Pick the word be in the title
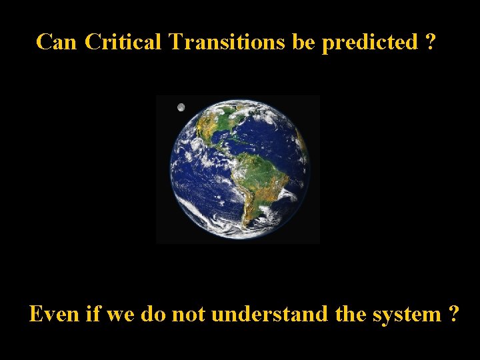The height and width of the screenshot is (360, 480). click(x=307, y=42)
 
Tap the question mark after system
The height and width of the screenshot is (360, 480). click(x=453, y=313)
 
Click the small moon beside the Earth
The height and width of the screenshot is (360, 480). click(x=181, y=107)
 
